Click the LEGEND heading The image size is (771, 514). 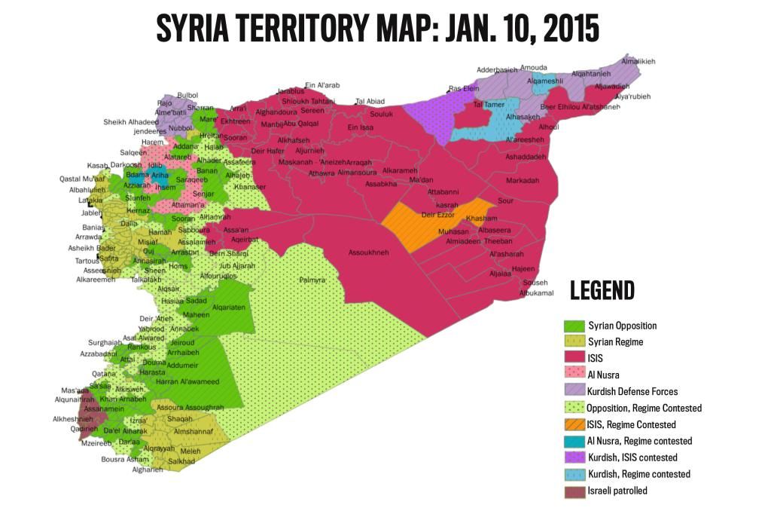click(602, 290)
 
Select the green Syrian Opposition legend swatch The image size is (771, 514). click(574, 326)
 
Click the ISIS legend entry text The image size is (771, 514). click(596, 359)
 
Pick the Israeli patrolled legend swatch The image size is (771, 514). click(574, 491)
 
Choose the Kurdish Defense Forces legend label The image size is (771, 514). click(632, 391)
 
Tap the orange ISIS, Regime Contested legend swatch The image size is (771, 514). click(574, 424)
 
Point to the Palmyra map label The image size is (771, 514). click(312, 280)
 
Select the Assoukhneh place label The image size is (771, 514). click(368, 252)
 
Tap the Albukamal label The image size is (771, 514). click(536, 292)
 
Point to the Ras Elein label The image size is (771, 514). click(464, 88)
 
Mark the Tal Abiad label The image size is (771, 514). click(370, 101)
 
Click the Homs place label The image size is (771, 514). click(178, 266)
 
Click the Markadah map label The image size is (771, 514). click(523, 180)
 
